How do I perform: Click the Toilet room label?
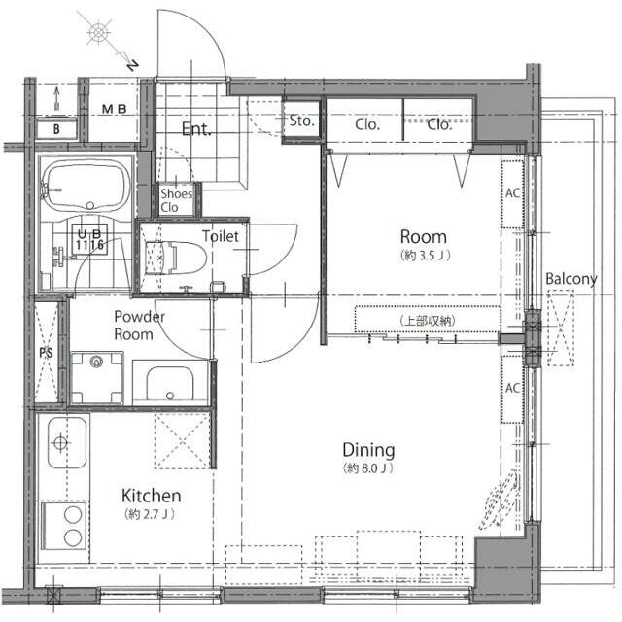[x=221, y=236]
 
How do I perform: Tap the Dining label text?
[x=368, y=450]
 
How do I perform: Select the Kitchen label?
[x=152, y=496]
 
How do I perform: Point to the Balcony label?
[x=571, y=279]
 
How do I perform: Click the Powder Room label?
[x=139, y=326]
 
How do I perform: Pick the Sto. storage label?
[x=301, y=121]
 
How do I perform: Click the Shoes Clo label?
[x=176, y=200]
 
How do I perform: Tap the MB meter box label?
[x=115, y=109]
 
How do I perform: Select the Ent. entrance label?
[x=196, y=129]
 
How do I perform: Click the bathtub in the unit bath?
[x=86, y=186]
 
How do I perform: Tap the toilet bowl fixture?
[x=176, y=258]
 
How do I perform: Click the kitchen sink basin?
[x=67, y=442]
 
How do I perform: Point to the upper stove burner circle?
[x=73, y=515]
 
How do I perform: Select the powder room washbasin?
[x=170, y=383]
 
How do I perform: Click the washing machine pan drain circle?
[x=96, y=362]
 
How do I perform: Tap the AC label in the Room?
[x=512, y=193]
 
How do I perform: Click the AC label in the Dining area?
[x=512, y=388]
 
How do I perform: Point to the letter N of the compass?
[x=133, y=65]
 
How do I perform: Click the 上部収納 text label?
[x=428, y=321]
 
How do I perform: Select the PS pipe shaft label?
[x=46, y=352]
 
